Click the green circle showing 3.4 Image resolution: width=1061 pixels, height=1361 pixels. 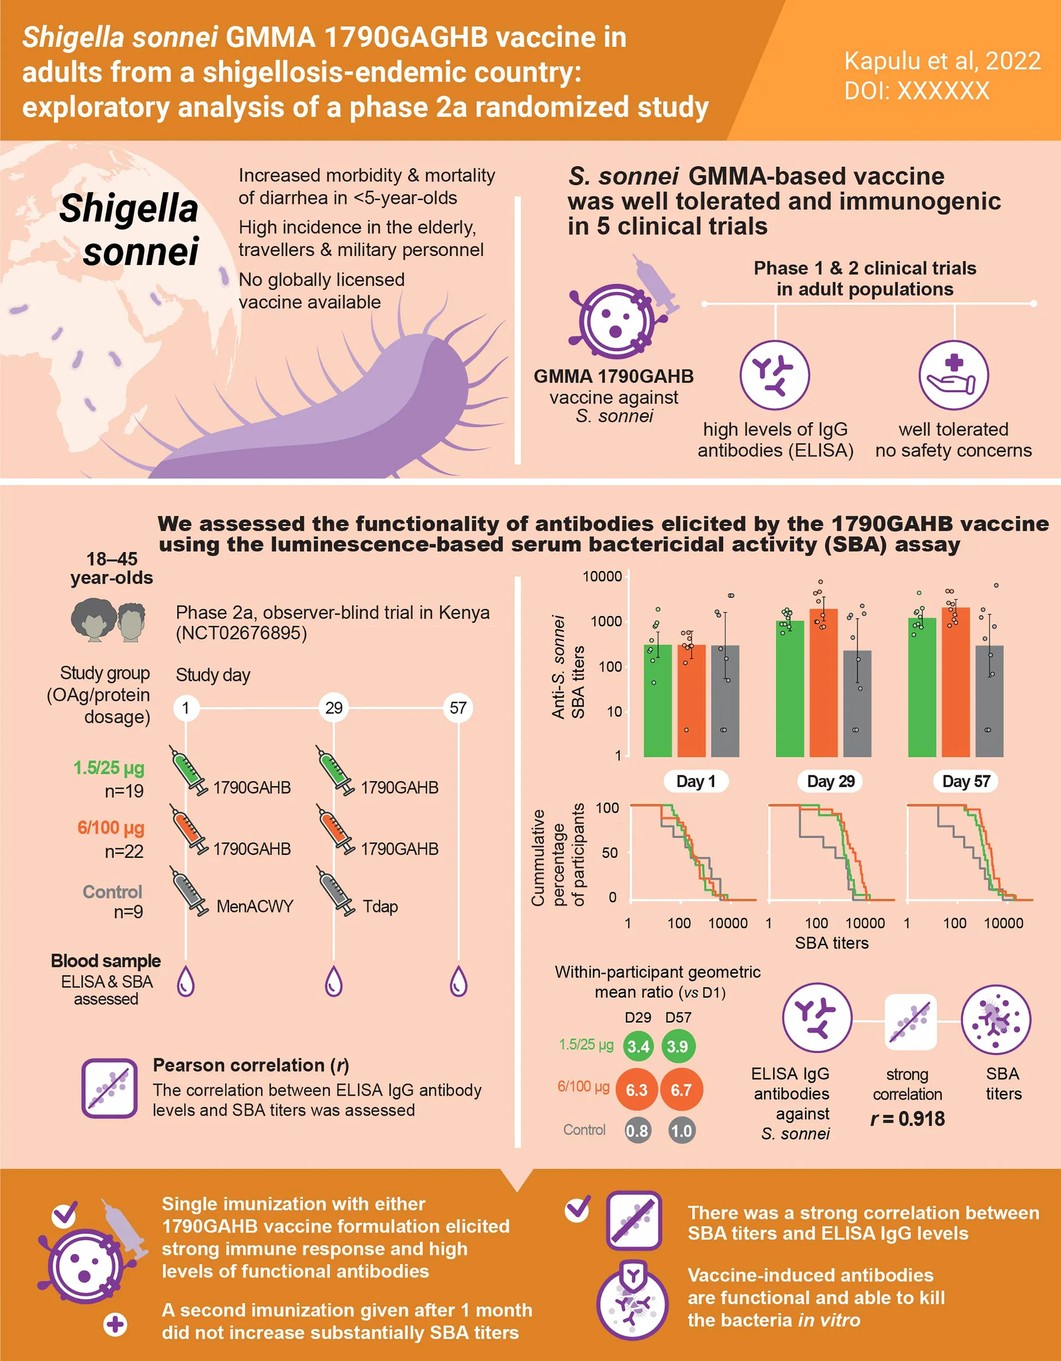coord(638,1046)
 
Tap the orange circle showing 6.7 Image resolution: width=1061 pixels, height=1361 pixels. coord(681,1090)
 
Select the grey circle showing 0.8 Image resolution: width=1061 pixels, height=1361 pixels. coord(637,1130)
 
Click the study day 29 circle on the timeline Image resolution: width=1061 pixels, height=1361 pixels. coord(334,708)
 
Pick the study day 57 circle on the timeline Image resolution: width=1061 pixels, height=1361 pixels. coord(458,708)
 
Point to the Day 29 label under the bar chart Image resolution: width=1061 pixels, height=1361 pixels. coord(831,781)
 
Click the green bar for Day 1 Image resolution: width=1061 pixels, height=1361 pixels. coord(657,701)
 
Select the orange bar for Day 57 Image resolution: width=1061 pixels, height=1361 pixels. coord(955,682)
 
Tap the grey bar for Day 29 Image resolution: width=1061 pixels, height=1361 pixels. coord(857,704)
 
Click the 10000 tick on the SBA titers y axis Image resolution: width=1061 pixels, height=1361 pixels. coord(602,577)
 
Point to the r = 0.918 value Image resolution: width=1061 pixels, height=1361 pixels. coord(907,1119)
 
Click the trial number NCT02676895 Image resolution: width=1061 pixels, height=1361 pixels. coord(241,634)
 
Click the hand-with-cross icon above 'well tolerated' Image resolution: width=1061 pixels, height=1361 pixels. coord(953,375)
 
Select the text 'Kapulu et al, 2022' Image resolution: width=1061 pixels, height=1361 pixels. coord(942,61)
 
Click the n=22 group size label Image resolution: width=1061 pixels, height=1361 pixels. coord(124,851)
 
